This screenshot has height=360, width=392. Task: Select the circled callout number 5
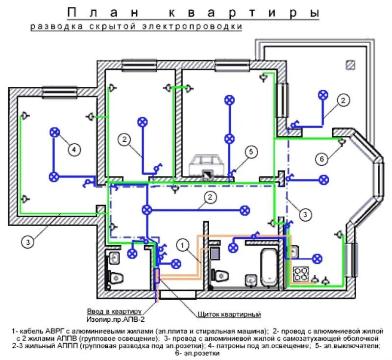pyautogui.click(x=250, y=153)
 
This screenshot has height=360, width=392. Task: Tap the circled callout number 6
pyautogui.click(x=321, y=159)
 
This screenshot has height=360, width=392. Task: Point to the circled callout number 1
pyautogui.click(x=182, y=244)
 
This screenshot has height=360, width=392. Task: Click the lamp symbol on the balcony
pyautogui.click(x=323, y=95)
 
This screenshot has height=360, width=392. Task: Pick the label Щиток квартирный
pyautogui.click(x=229, y=314)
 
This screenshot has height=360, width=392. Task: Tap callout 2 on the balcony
pyautogui.click(x=343, y=101)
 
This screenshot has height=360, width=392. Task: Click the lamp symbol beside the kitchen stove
pyautogui.click(x=318, y=258)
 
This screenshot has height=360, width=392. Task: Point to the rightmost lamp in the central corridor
pyautogui.click(x=244, y=210)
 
